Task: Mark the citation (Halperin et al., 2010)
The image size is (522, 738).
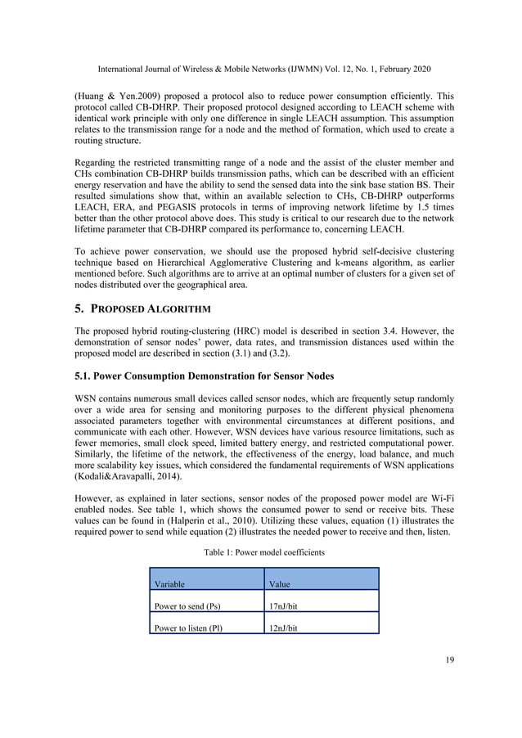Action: click(245, 520)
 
